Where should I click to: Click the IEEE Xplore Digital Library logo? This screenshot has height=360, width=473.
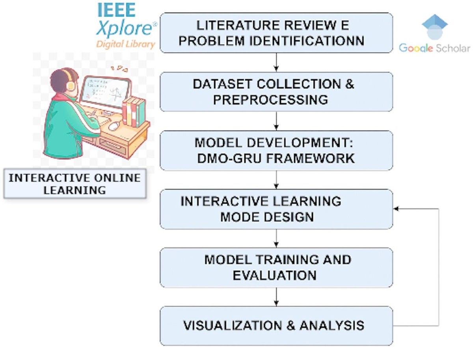tap(125, 26)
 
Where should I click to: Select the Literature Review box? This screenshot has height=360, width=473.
tap(276, 33)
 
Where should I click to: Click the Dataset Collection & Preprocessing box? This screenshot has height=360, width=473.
tap(276, 91)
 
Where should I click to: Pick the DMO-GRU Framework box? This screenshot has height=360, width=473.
tap(276, 150)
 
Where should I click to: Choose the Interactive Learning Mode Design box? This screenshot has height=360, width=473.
tap(276, 209)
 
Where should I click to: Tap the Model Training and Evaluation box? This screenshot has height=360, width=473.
tap(276, 267)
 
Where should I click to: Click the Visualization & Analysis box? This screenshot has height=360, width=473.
tap(276, 326)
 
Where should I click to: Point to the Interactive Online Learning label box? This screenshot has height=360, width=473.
tap(75, 184)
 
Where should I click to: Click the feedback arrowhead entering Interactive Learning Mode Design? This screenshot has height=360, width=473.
tap(397, 209)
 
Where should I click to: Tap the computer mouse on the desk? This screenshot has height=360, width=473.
tap(114, 125)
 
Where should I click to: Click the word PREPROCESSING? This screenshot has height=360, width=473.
tap(270, 99)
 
